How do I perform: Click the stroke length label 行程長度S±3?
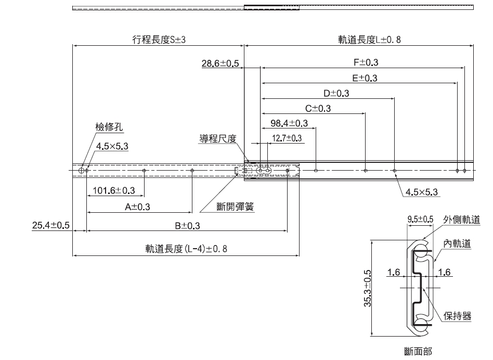coord(158,40)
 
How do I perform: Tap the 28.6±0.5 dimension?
coord(220,64)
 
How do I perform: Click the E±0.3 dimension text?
coord(365,78)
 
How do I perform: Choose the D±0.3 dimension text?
coord(336,93)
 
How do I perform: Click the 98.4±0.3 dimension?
coord(290,123)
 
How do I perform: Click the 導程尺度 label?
coord(218,138)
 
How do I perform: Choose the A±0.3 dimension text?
coord(137,207)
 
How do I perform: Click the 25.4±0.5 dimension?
coord(51,225)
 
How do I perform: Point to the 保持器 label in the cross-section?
coord(458,316)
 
